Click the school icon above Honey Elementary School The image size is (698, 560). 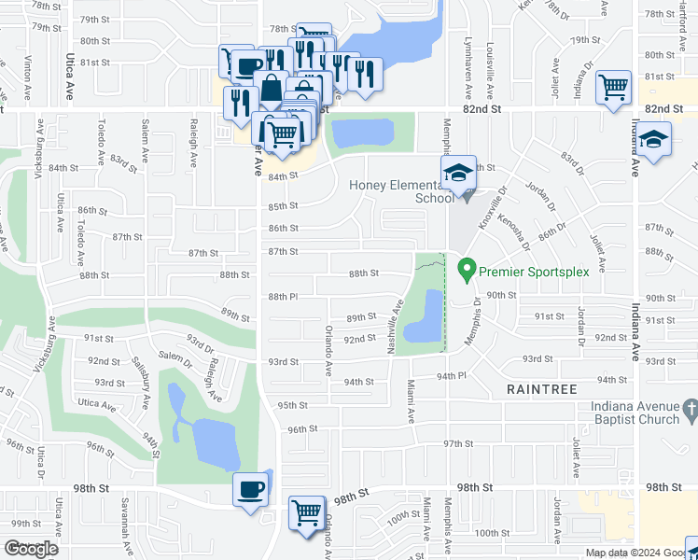pyautogui.click(x=458, y=174)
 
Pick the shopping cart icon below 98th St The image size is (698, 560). pyautogui.click(x=307, y=512)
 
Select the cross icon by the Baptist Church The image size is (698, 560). pyautogui.click(x=690, y=408)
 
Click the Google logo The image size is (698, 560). pyautogui.click(x=32, y=549)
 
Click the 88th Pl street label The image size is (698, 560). pyautogui.click(x=283, y=297)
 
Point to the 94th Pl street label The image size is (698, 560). pyautogui.click(x=450, y=375)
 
